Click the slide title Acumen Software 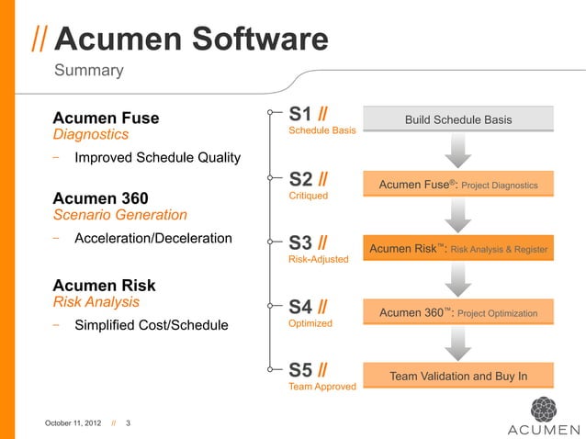pyautogui.click(x=191, y=39)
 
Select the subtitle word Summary pyautogui.click(x=89, y=71)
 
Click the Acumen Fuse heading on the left pyautogui.click(x=106, y=118)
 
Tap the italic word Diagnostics pyautogui.click(x=90, y=135)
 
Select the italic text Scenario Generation pyautogui.click(x=119, y=215)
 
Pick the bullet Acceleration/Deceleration pyautogui.click(x=153, y=238)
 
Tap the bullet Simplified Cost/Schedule pyautogui.click(x=152, y=324)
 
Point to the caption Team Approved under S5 pyautogui.click(x=322, y=387)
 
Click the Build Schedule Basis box pyautogui.click(x=458, y=119)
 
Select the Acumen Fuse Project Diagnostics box pyautogui.click(x=458, y=185)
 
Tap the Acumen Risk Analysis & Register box pyautogui.click(x=458, y=249)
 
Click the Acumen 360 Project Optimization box pyautogui.click(x=458, y=312)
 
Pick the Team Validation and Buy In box pyautogui.click(x=458, y=376)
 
